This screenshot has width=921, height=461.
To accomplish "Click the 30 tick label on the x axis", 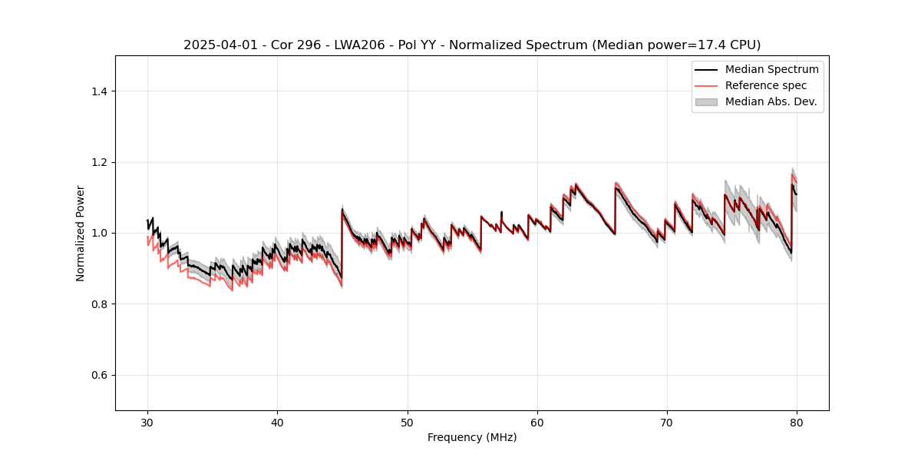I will (x=147, y=423).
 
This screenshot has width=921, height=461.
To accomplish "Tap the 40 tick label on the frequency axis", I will (x=277, y=423).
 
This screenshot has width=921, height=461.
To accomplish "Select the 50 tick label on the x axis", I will (x=408, y=423).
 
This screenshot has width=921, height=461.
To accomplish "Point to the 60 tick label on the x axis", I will (x=537, y=423).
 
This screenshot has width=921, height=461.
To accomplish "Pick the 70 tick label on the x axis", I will (x=667, y=423).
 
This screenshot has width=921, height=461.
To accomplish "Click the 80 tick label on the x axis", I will (x=797, y=423).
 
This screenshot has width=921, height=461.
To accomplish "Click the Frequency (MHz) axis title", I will (x=472, y=438).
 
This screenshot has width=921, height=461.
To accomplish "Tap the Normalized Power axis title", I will (x=80, y=233).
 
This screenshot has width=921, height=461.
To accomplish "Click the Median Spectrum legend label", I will (x=771, y=70).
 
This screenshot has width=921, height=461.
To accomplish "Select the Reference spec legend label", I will (x=766, y=85).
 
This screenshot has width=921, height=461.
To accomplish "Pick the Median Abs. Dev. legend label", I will (x=771, y=101).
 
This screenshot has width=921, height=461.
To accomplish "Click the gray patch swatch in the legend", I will (x=706, y=101).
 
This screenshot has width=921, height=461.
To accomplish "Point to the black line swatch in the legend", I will (x=706, y=70).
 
